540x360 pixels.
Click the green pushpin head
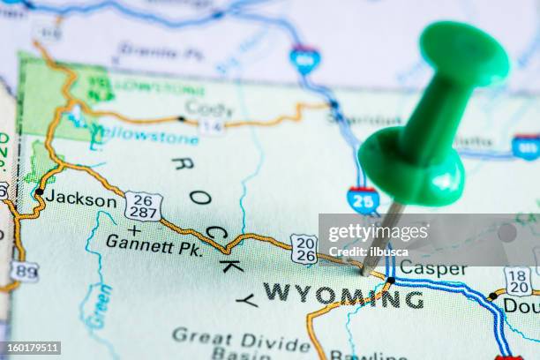(x=463, y=55)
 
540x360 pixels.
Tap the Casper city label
(x=432, y=268)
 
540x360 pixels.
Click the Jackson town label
(x=80, y=199)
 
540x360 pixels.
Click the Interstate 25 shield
(x=363, y=199)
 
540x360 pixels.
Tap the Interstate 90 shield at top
(x=304, y=59)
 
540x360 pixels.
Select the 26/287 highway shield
(x=143, y=206)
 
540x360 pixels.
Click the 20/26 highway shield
(x=304, y=249)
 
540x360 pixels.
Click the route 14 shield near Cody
(x=211, y=126)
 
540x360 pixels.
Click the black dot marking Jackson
(x=39, y=191)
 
